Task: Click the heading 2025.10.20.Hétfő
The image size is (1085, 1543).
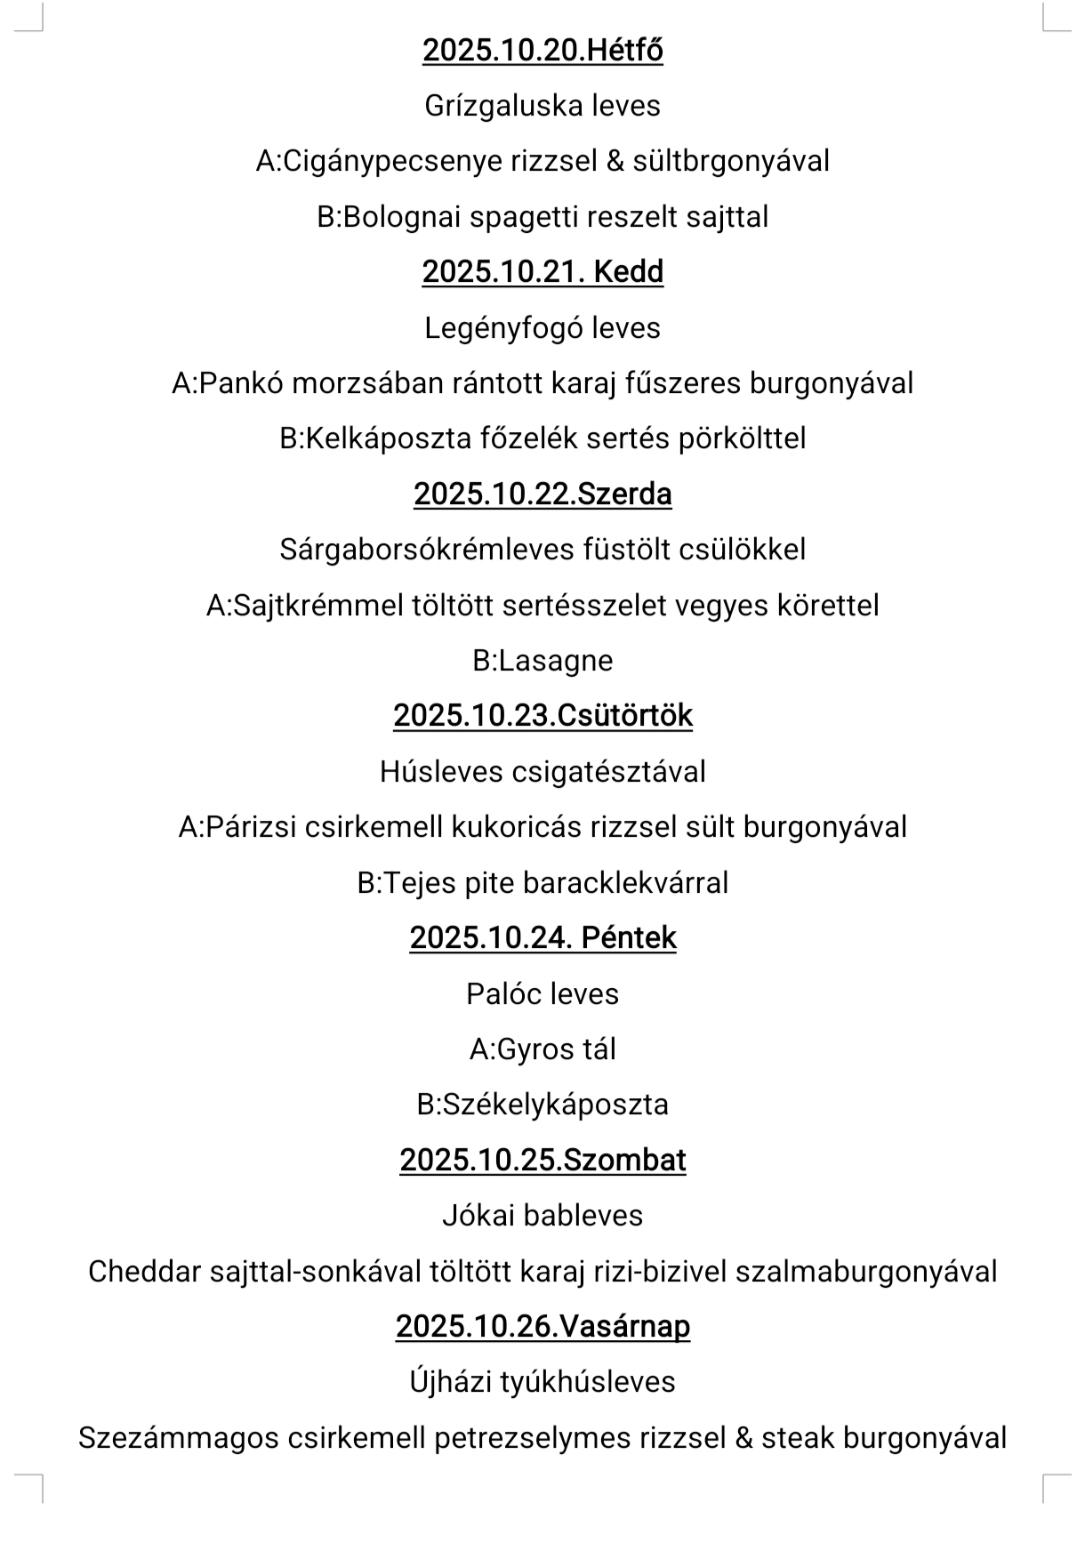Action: pyautogui.click(x=542, y=50)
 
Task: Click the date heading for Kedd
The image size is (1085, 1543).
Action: pyautogui.click(x=542, y=271)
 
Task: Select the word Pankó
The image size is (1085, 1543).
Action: pyautogui.click(x=240, y=383)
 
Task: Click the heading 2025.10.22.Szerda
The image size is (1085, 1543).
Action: pyautogui.click(x=542, y=494)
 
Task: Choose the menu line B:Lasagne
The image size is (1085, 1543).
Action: pyautogui.click(x=542, y=661)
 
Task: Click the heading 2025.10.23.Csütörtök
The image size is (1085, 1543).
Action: pyautogui.click(x=542, y=716)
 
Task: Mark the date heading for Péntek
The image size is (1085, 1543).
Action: pyautogui.click(x=542, y=938)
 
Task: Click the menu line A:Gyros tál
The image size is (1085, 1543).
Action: pyautogui.click(x=542, y=1049)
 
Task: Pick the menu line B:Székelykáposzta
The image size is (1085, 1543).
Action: pyautogui.click(x=542, y=1105)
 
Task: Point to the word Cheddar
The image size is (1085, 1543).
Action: pyautogui.click(x=145, y=1272)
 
